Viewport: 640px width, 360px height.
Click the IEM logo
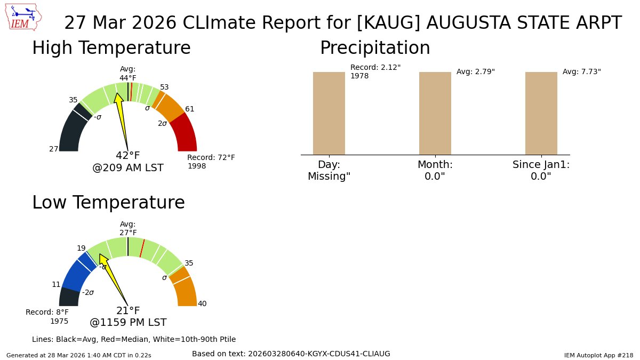24,18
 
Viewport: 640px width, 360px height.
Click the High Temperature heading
111,48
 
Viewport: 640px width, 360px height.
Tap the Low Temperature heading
108,203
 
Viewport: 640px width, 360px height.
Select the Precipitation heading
374,48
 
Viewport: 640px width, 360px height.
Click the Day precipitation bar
329,113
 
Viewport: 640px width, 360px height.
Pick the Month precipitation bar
435,113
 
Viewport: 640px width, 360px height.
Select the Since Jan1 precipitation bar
541,113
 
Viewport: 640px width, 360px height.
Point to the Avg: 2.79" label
475,71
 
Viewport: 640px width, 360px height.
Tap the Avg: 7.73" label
581,71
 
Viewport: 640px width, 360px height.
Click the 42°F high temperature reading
128,156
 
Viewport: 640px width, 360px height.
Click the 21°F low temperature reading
128,311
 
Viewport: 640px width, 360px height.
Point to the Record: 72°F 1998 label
211,162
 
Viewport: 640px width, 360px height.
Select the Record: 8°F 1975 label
47,316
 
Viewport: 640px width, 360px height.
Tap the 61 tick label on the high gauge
189,109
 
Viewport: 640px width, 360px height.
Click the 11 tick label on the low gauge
56,284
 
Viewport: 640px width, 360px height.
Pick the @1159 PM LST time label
128,323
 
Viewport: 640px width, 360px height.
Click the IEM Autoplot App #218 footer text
598,355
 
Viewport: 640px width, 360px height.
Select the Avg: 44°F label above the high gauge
128,74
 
